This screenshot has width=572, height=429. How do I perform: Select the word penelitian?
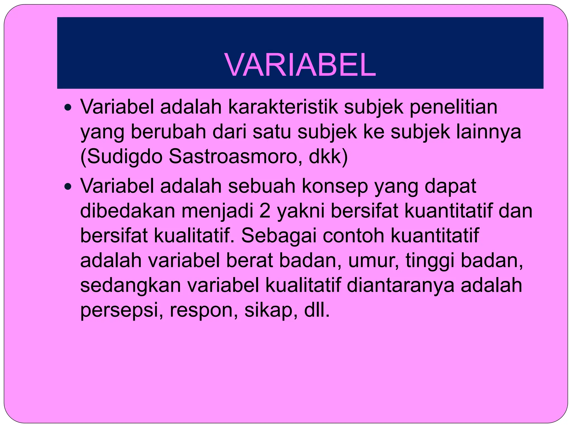(x=453, y=107)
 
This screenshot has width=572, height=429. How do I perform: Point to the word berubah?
(x=168, y=132)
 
